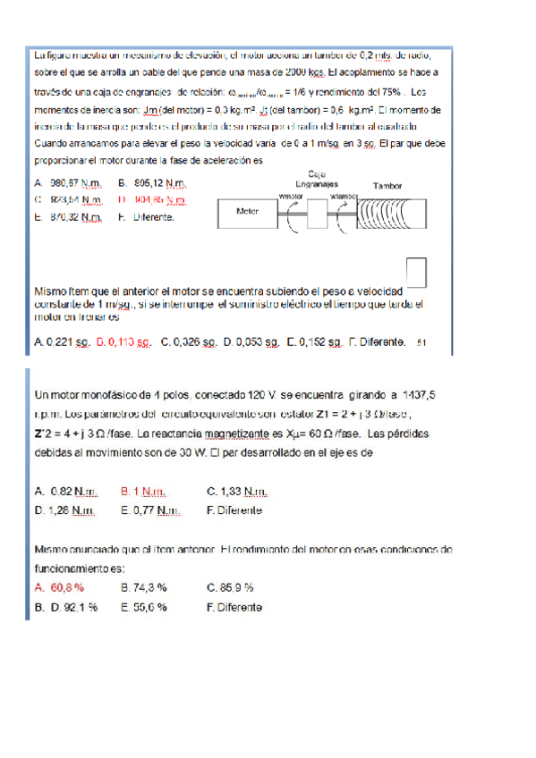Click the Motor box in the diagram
click(x=248, y=213)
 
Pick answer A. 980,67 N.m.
click(x=69, y=184)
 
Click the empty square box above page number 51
click(x=414, y=273)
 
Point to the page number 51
click(x=422, y=342)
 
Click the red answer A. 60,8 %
click(x=59, y=587)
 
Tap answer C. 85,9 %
click(x=230, y=587)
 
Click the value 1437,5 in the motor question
click(x=420, y=394)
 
